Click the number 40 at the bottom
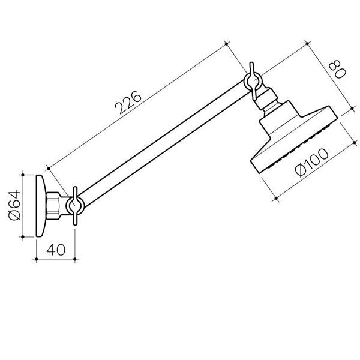tap(55, 248)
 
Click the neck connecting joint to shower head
tap(269, 102)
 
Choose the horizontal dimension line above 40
tap(55, 259)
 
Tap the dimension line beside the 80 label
tap(327, 77)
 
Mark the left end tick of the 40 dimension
tap(37, 259)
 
